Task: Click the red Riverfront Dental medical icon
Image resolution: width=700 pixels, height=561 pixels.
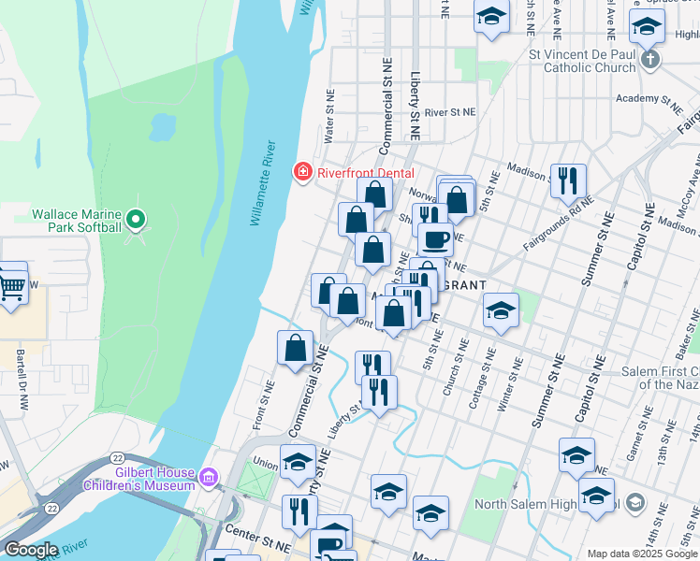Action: [302, 171]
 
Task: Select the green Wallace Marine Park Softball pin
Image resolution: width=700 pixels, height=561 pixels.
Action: [136, 220]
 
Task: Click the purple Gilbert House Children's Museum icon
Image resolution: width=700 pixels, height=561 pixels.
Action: [208, 479]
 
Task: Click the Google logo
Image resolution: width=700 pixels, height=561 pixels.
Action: [30, 550]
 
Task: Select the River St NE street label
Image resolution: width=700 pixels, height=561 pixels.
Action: [450, 111]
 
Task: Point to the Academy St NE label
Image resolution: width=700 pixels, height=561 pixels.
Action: [650, 98]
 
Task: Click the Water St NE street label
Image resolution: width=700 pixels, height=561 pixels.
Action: [329, 116]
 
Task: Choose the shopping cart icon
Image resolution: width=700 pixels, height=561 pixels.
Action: [11, 286]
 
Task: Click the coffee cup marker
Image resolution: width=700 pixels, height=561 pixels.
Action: [435, 239]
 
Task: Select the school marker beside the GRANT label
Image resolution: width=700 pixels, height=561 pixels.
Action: [502, 309]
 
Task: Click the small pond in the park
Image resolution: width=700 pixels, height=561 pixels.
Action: [162, 123]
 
